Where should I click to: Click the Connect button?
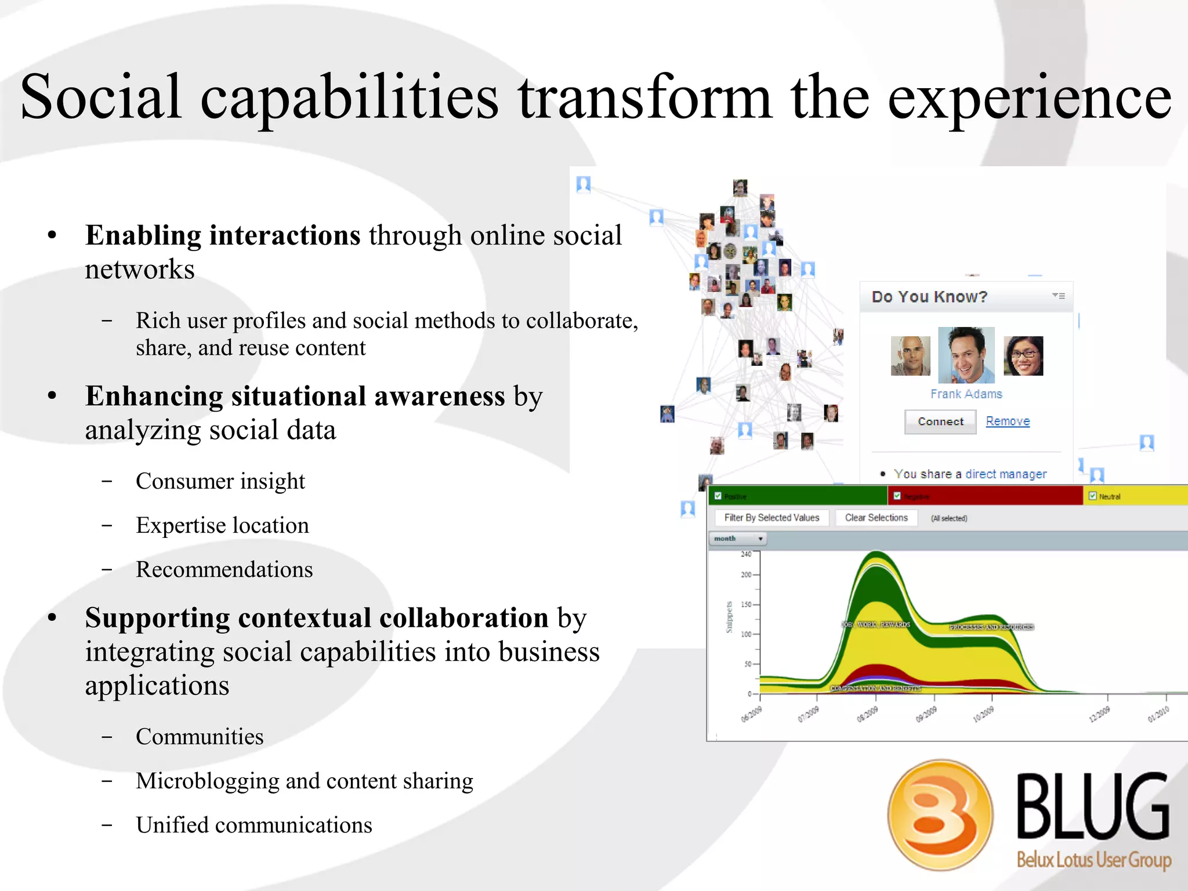940,421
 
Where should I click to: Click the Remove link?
1008,421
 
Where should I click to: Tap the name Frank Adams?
966,394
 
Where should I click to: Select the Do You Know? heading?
929,297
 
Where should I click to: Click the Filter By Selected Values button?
772,518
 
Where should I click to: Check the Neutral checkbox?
1093,496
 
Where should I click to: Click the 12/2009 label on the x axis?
1099,714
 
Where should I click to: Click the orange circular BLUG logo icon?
940,814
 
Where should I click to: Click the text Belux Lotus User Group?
1093,860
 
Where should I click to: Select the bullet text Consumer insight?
220,481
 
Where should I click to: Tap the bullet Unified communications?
254,825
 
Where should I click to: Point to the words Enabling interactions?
223,235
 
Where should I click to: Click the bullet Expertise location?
222,525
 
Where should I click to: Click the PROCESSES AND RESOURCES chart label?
991,627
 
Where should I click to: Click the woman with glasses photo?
1023,356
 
